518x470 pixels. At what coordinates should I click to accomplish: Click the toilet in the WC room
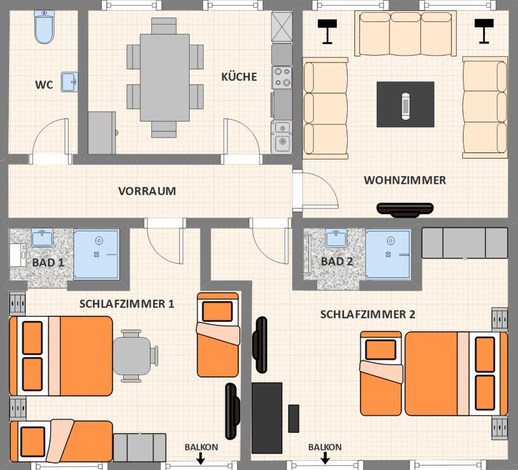pos(44,27)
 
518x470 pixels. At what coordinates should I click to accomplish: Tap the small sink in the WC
pos(69,82)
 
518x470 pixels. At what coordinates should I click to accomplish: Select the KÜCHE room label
pos(239,76)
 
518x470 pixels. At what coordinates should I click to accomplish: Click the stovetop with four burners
pos(282,77)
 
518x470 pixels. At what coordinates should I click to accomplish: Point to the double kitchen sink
pos(282,137)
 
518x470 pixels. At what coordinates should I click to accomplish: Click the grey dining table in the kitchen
pos(165,78)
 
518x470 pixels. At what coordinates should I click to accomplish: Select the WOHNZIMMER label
pos(405,181)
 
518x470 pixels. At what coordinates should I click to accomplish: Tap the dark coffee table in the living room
pos(405,105)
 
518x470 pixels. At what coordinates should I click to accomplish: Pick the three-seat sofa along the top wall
pos(405,34)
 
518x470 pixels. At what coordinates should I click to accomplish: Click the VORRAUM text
pos(147,191)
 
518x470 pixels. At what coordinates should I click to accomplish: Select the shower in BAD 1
pos(96,255)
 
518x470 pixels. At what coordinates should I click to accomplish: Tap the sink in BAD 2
pos(336,238)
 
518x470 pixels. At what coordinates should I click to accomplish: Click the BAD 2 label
pos(337,261)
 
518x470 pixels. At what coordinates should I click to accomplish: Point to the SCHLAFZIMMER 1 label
pos(127,304)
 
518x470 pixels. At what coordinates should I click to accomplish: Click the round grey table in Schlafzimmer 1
pos(132,356)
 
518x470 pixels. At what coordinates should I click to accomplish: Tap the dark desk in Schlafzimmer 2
pos(267,418)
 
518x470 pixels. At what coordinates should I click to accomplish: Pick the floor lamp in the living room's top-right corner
pos(484,31)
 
